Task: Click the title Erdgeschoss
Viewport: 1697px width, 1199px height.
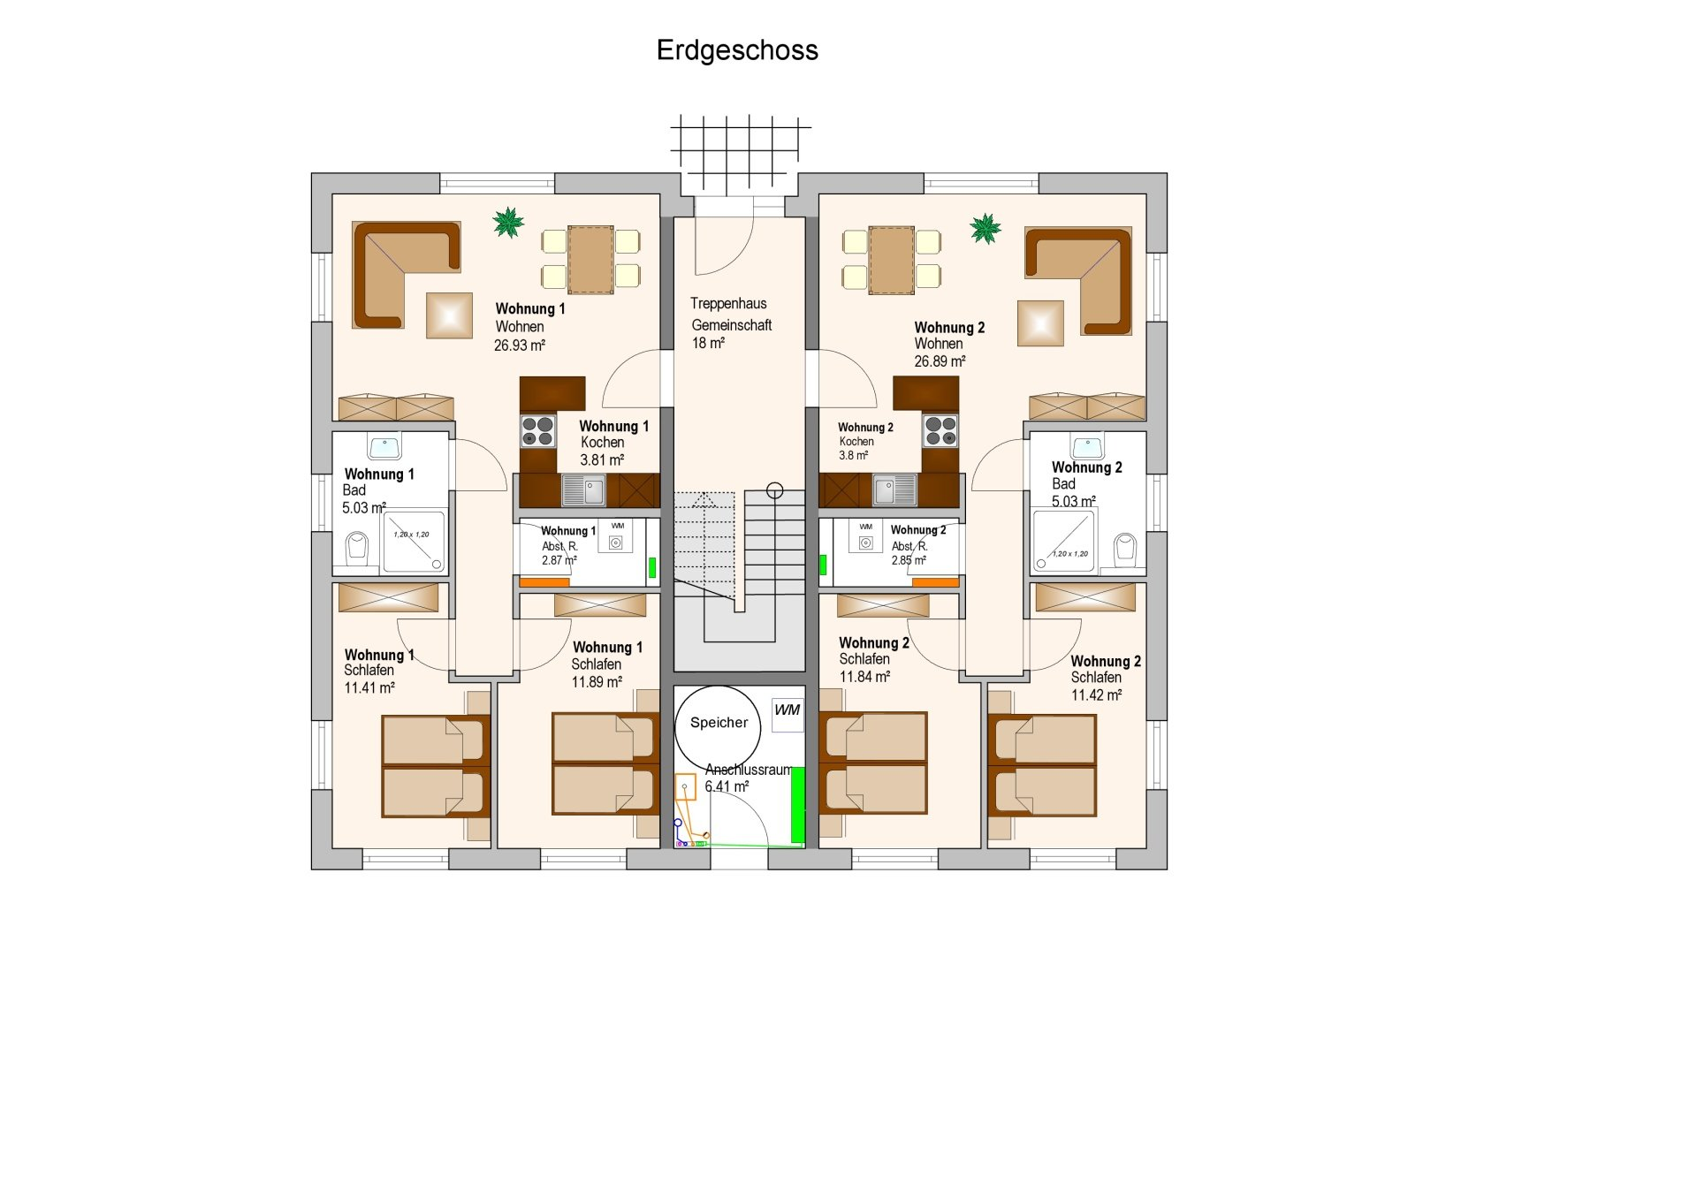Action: click(x=737, y=50)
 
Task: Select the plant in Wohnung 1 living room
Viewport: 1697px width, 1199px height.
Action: click(x=508, y=223)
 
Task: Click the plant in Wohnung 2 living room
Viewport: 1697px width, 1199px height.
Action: click(x=985, y=228)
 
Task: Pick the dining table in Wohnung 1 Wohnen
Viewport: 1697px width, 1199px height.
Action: click(x=590, y=259)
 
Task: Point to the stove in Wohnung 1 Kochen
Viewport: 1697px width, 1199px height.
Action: click(x=537, y=431)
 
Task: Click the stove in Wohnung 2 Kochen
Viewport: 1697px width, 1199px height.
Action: click(x=940, y=431)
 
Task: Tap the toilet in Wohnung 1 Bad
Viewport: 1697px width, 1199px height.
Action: click(x=357, y=548)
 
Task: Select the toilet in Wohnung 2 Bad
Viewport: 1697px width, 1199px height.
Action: click(x=1124, y=549)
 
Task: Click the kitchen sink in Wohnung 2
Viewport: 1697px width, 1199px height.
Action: click(x=894, y=489)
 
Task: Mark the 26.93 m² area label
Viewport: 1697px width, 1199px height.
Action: click(x=520, y=345)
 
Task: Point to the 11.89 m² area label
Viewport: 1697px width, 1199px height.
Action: click(x=597, y=682)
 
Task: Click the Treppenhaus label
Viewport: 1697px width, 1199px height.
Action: click(x=728, y=304)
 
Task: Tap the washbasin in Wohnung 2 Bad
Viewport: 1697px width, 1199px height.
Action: click(x=1087, y=446)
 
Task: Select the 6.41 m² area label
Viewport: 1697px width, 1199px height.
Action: click(x=727, y=786)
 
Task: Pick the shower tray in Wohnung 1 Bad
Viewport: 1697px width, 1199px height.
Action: click(x=414, y=541)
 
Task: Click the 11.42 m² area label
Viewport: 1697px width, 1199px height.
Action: click(x=1097, y=695)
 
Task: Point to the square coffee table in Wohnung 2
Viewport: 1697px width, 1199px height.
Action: click(x=1040, y=323)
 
